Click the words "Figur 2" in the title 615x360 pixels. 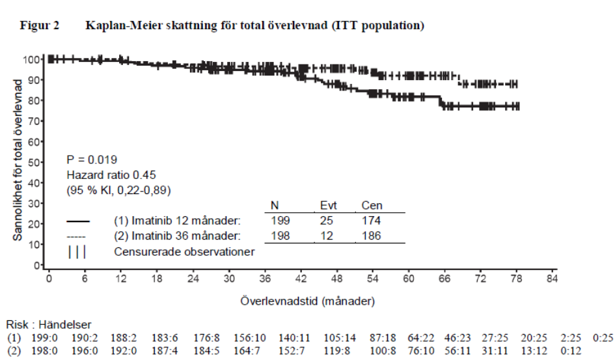(40, 25)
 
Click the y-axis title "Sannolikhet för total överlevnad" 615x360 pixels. (18, 160)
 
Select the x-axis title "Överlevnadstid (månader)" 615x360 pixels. (307, 301)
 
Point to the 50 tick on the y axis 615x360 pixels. (41, 162)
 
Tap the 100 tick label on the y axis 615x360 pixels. (31, 60)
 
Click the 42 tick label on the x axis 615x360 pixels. (301, 279)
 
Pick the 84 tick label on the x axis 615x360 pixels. (552, 279)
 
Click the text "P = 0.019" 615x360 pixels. (92, 159)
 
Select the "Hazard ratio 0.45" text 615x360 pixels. (111, 175)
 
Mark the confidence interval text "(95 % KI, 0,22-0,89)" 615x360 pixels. (119, 190)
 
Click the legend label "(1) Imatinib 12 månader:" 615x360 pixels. (177, 221)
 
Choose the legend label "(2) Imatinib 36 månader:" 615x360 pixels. (177, 236)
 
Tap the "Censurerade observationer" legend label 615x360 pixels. (184, 252)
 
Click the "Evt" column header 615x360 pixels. (328, 206)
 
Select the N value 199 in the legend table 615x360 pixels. (280, 221)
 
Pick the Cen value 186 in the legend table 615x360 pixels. (371, 236)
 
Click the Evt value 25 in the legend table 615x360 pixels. (326, 221)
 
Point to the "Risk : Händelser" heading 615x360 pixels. (49, 325)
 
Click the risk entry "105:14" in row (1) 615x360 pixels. (340, 338)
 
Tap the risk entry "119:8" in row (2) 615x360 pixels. (337, 351)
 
